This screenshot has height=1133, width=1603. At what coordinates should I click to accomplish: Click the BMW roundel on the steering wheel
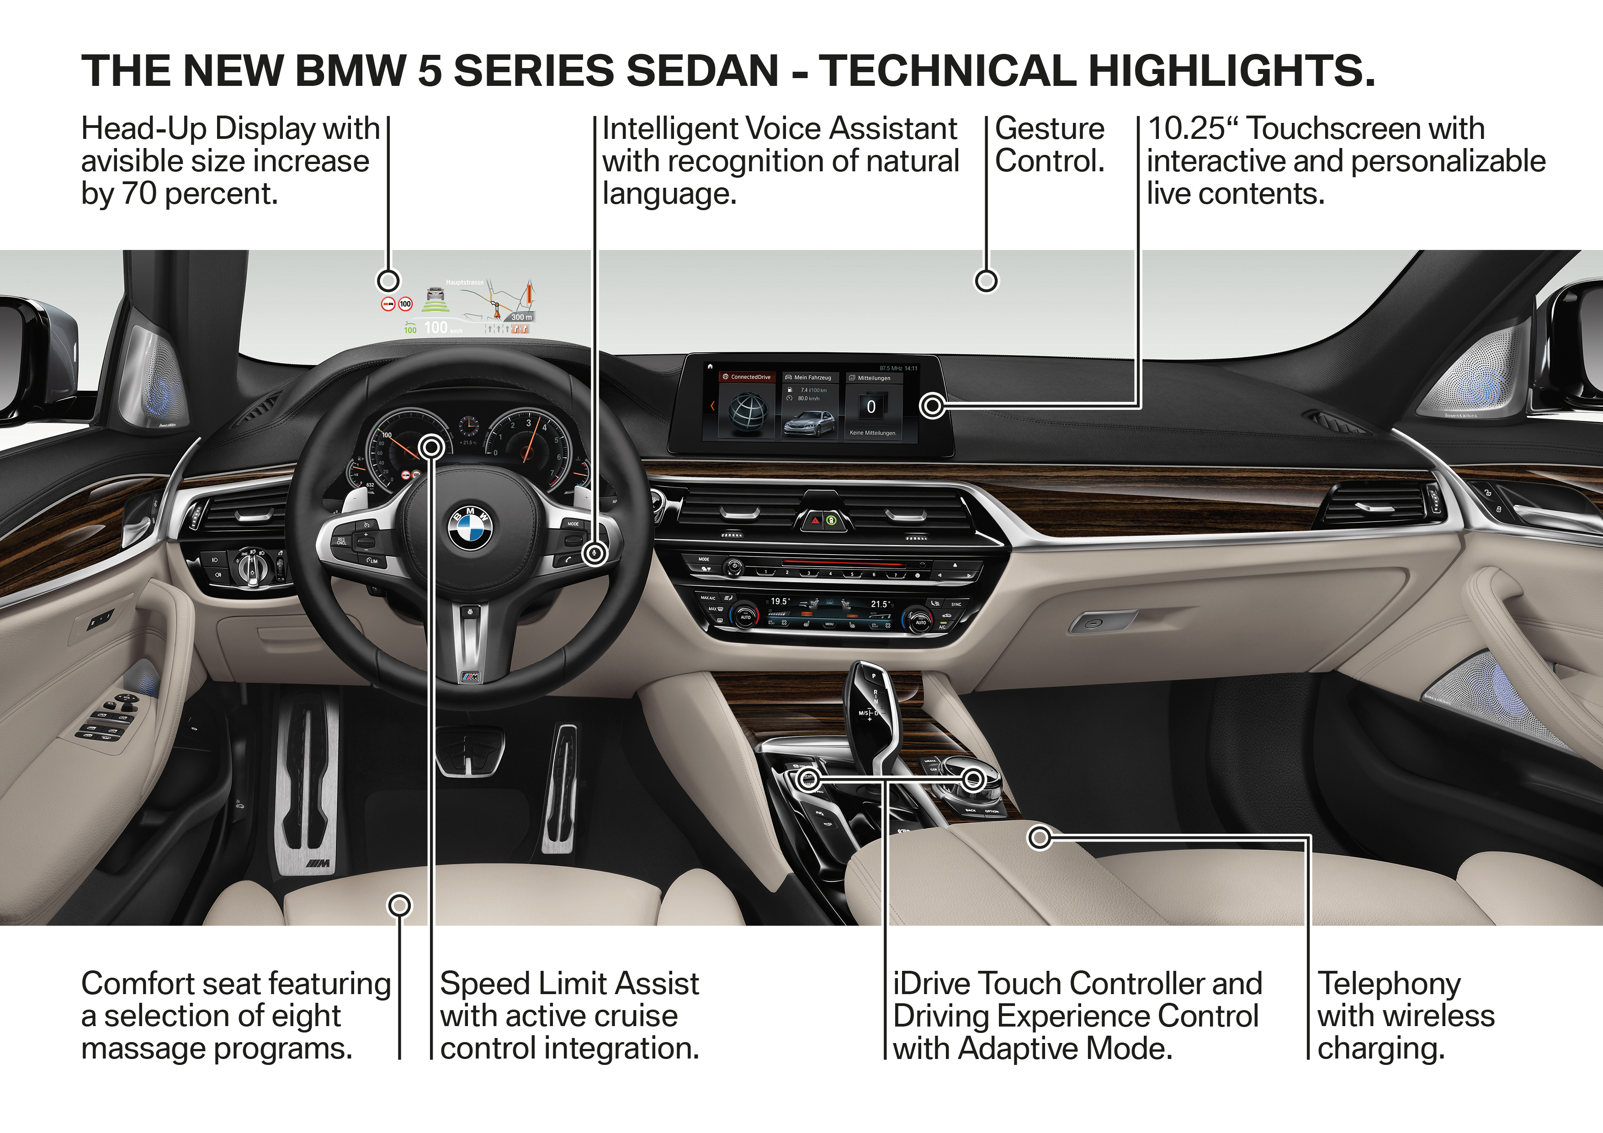[470, 528]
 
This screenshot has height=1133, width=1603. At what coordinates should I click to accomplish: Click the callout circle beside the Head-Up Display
[388, 281]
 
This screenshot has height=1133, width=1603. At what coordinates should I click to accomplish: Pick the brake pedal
[469, 751]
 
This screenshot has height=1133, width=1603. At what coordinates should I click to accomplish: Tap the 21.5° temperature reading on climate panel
[880, 604]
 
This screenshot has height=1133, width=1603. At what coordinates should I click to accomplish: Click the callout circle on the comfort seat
[399, 905]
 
